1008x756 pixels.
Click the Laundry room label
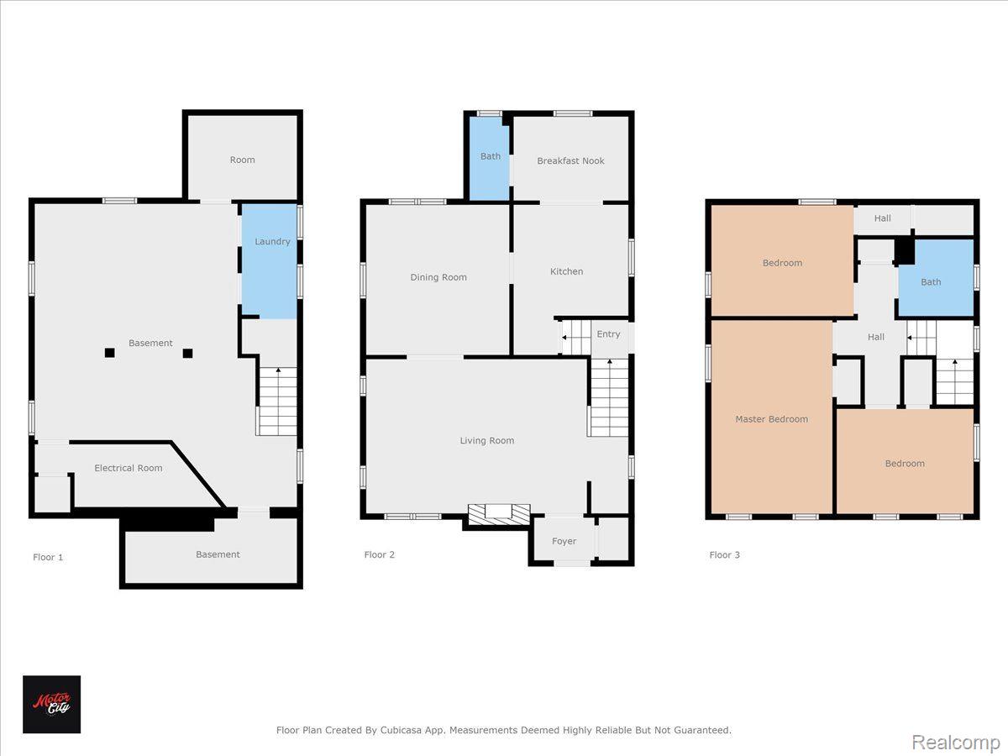[x=272, y=242]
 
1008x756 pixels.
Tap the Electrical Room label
[x=129, y=468]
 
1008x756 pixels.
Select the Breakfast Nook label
[x=570, y=160]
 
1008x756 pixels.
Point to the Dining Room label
[x=438, y=277]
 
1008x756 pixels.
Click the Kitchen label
[x=566, y=271]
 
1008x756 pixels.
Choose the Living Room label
[x=486, y=441]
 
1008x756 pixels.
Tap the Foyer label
[x=564, y=541]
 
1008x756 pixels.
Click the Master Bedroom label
[x=771, y=419]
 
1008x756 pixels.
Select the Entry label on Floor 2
[x=608, y=334]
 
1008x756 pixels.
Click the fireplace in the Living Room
[x=499, y=514]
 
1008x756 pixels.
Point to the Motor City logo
[x=51, y=704]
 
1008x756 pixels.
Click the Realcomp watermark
[x=956, y=743]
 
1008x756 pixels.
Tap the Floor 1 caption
[x=48, y=557]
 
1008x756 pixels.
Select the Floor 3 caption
[x=724, y=555]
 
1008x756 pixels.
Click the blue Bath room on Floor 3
[x=936, y=278]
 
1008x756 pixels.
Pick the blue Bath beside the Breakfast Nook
[x=489, y=159]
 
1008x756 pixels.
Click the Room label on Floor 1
[x=242, y=160]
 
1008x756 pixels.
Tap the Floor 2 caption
[x=380, y=555]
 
